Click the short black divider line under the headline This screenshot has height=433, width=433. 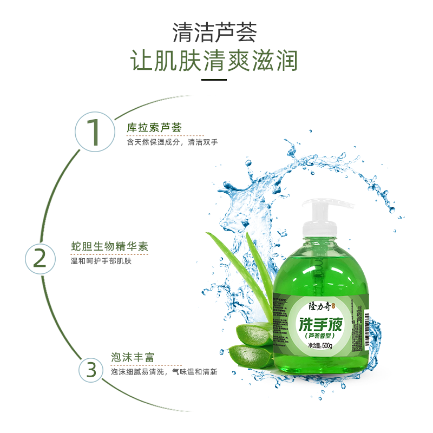point(214,80)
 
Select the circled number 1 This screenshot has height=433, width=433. point(95,131)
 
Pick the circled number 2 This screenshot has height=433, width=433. point(40,259)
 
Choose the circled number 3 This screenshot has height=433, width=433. point(91,370)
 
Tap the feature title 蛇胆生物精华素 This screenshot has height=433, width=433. point(109,247)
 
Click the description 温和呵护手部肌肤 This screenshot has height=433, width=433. point(102,261)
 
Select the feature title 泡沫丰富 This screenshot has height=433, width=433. point(133,358)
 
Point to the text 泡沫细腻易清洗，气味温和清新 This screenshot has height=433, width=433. point(164,372)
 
